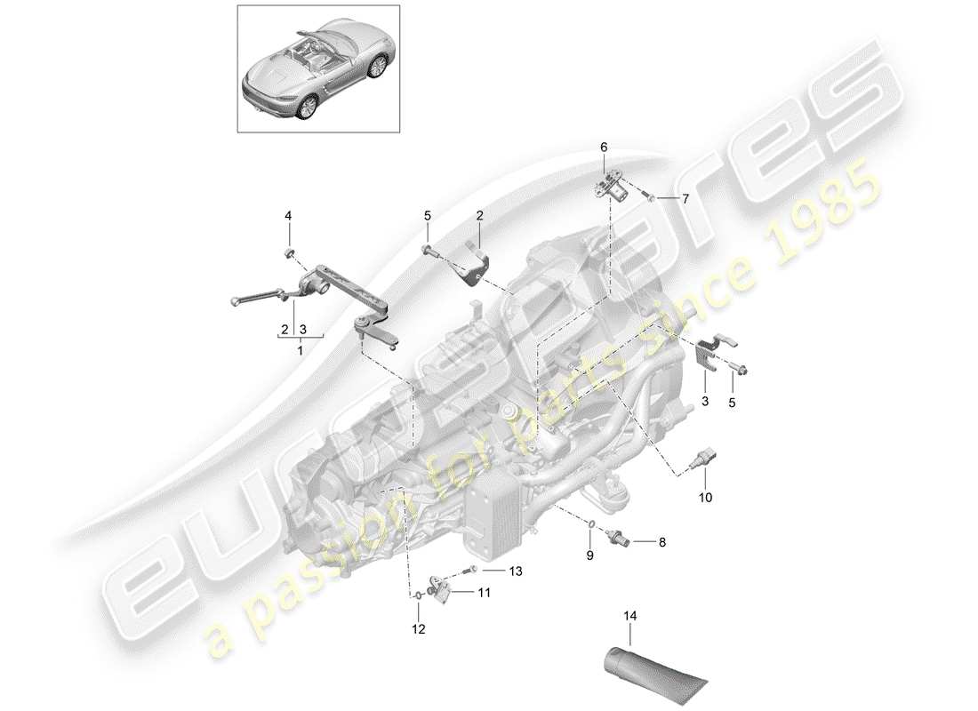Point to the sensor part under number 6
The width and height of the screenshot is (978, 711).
[615, 188]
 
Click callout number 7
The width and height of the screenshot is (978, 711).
[684, 198]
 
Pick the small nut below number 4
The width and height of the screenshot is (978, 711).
[288, 254]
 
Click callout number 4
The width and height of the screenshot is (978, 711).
[287, 216]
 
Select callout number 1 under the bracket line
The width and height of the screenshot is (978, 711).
[299, 351]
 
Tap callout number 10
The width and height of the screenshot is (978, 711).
[705, 499]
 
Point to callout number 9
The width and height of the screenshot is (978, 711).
[589, 556]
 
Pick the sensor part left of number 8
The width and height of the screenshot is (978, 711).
[620, 539]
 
